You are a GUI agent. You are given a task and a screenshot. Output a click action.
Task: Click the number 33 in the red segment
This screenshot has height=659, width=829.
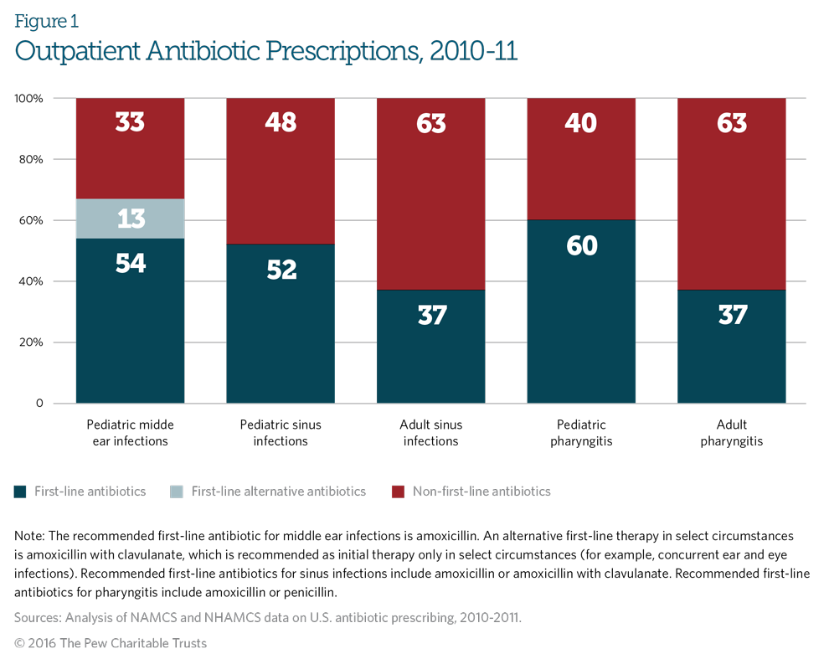tap(130, 123)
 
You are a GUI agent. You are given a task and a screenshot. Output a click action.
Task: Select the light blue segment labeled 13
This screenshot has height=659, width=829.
tap(130, 219)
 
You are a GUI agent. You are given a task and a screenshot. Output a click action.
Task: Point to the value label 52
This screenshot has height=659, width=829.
tap(281, 270)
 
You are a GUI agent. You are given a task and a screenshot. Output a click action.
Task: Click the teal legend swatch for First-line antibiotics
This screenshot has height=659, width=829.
tap(20, 492)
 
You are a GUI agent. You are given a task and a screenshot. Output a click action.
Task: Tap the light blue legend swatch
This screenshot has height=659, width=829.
tap(177, 492)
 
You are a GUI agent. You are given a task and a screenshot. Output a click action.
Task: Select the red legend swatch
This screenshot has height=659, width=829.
tap(398, 492)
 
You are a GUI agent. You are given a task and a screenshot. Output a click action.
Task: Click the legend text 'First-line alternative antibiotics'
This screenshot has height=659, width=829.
tap(278, 492)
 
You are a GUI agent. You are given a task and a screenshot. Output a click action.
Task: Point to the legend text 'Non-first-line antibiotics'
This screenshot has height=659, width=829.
tap(481, 492)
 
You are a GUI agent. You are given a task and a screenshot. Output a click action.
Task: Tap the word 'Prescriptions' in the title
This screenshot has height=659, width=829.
tap(343, 52)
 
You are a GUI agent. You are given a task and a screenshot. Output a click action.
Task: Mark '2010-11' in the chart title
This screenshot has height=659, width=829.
tap(473, 52)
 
